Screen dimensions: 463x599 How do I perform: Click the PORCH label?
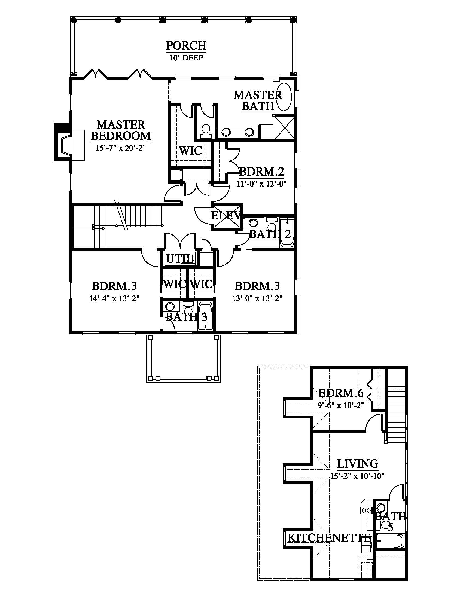point(186,45)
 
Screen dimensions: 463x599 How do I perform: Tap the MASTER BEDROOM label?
point(121,130)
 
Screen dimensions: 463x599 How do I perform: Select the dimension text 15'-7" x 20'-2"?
point(120,148)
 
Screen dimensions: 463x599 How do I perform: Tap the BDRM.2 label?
point(262,172)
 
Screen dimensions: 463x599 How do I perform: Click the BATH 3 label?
point(187,317)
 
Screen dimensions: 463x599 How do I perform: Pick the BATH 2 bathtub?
point(287,233)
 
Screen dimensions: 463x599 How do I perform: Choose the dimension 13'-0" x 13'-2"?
point(257,298)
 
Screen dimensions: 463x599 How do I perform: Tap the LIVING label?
point(357,464)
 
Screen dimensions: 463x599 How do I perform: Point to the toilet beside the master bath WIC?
point(205,130)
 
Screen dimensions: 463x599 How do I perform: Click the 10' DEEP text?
point(186,58)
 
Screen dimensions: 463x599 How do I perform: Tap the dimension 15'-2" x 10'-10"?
point(357,476)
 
